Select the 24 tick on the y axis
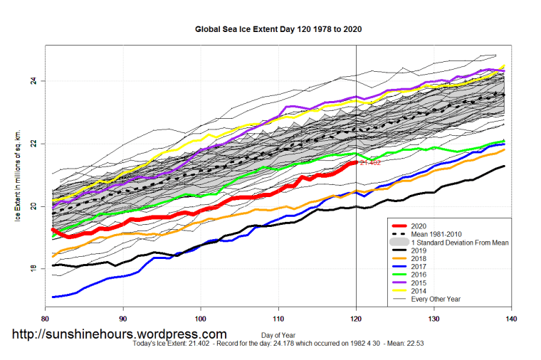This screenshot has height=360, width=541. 33,81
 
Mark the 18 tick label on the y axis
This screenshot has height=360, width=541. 33,269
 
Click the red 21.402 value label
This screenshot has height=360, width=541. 371,163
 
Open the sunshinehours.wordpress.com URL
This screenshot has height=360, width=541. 118,334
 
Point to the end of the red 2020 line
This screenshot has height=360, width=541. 355,162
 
